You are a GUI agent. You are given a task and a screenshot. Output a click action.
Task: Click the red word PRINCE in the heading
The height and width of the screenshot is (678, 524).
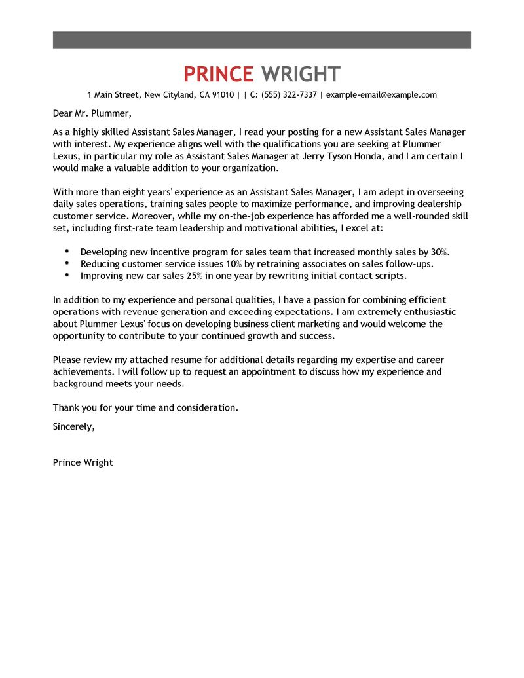click(218, 74)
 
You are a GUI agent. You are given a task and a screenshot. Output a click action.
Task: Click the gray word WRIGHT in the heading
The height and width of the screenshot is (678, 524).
click(301, 74)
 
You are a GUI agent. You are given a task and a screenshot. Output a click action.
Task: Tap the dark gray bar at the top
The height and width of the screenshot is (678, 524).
click(262, 40)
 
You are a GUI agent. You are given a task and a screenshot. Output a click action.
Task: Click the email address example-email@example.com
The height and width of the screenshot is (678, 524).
click(381, 95)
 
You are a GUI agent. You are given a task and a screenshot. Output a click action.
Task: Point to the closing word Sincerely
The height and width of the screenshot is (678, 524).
click(73, 426)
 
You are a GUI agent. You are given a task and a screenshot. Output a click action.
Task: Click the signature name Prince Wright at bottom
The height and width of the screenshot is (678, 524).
click(83, 462)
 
